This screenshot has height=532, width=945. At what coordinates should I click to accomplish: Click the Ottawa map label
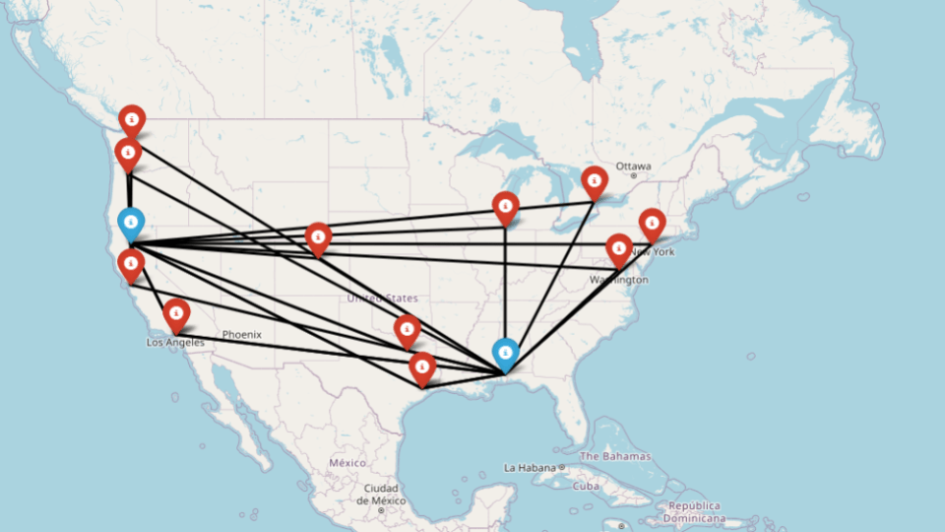pos(633,166)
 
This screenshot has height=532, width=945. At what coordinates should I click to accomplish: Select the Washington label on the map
pos(619,280)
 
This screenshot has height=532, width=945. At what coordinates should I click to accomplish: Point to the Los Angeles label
pos(175,343)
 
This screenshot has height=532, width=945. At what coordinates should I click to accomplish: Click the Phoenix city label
pos(241,334)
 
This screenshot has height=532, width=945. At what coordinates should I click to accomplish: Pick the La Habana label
pos(531,467)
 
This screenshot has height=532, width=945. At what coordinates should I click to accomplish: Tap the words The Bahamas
pos(615,456)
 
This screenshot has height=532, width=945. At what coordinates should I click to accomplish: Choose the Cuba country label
pos(586,486)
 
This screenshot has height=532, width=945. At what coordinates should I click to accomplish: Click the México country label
pos(347,462)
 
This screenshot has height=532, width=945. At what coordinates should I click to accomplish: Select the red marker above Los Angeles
pos(176,314)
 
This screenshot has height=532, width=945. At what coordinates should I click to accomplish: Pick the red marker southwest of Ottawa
pos(594,181)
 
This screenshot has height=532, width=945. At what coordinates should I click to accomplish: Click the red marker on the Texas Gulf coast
pos(422,368)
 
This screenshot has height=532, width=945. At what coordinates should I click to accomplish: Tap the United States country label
pos(382,298)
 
